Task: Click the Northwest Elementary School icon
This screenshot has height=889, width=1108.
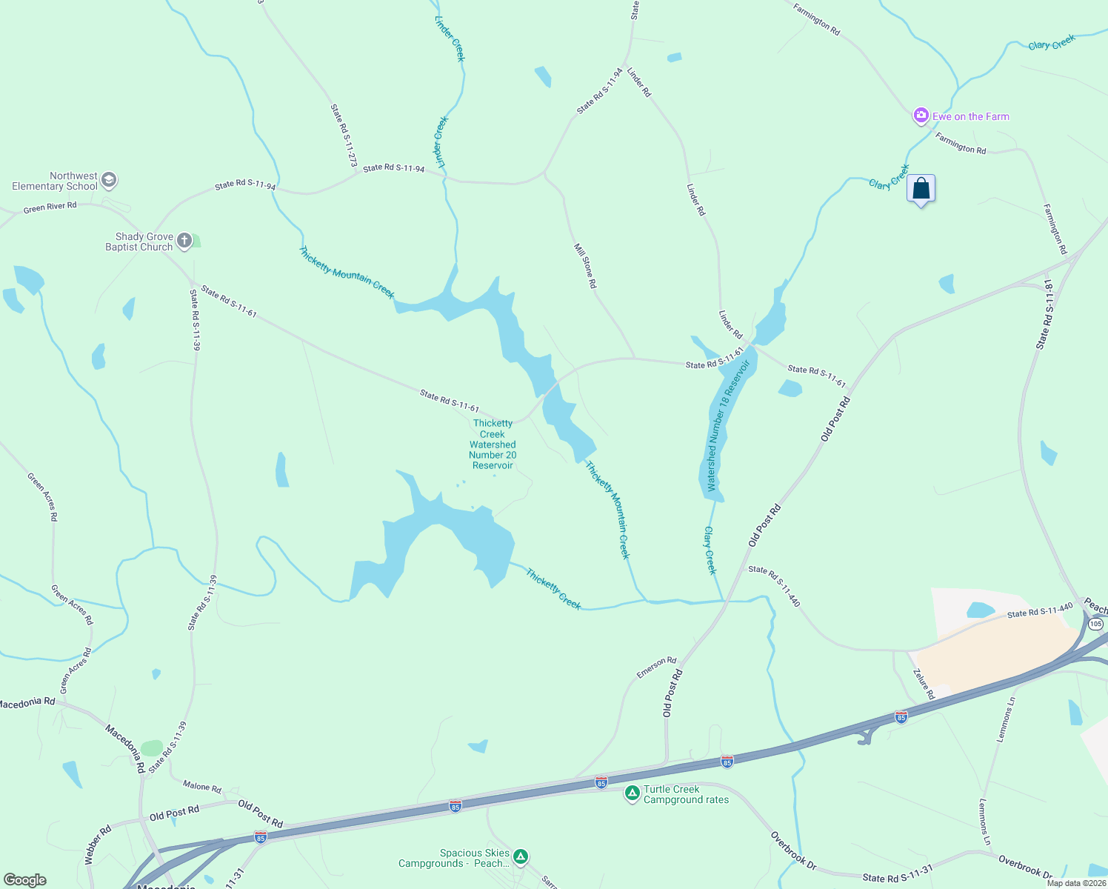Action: (109, 180)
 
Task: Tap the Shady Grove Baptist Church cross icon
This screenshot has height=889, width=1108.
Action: (184, 240)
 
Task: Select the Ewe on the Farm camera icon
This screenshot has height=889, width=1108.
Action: (921, 115)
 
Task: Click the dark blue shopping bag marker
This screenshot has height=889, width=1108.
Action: (921, 189)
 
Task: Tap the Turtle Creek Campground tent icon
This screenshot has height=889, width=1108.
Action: (632, 793)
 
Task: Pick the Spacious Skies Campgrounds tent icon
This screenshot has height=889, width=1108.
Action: (521, 857)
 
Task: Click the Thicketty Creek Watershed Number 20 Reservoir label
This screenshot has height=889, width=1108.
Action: (493, 444)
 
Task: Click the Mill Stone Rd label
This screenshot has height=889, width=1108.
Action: (585, 265)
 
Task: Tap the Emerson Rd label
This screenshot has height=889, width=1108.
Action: (656, 667)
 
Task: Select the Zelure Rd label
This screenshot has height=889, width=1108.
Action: (924, 684)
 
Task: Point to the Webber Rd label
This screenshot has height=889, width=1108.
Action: (98, 845)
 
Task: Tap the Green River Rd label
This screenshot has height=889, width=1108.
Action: (50, 207)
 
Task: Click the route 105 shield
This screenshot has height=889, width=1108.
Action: (1095, 625)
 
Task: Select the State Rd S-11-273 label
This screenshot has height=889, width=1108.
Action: (344, 135)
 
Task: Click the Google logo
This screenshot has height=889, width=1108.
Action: (24, 880)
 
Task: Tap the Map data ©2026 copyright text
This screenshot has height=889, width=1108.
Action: (1076, 883)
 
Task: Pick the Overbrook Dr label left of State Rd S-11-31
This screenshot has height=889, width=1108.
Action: (793, 850)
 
